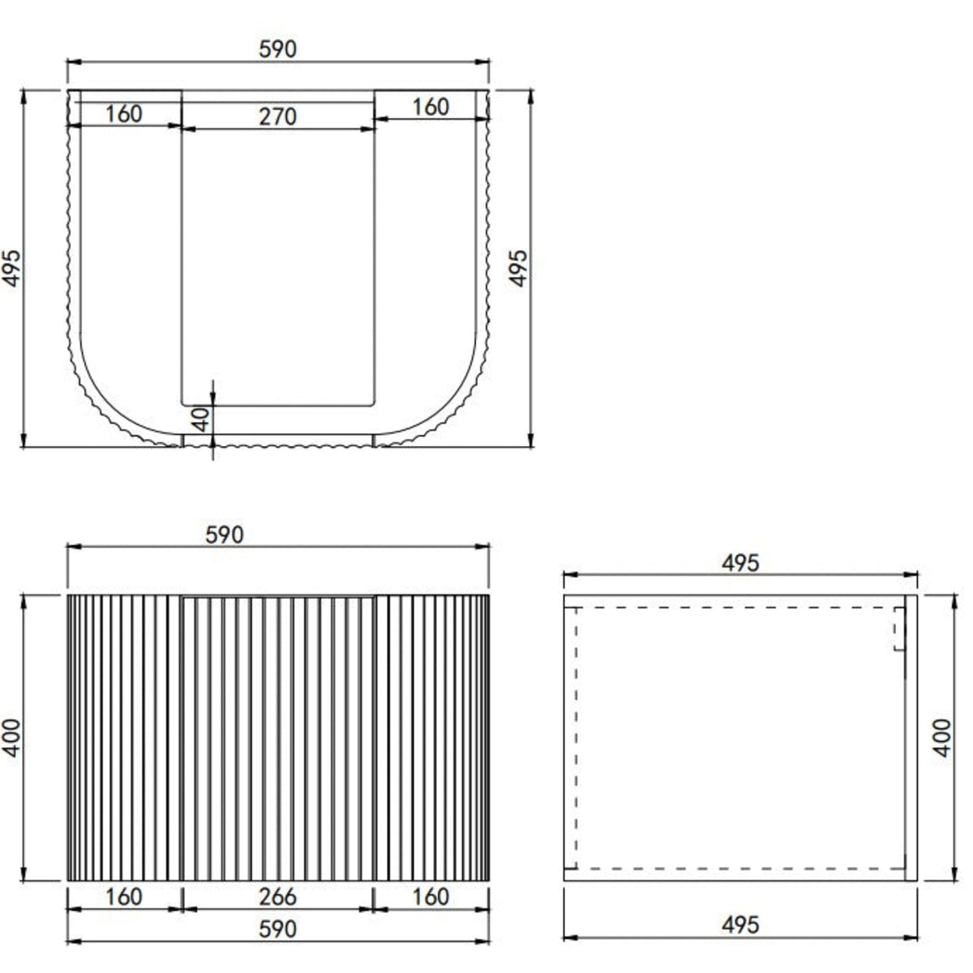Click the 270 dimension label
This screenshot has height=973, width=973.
278,117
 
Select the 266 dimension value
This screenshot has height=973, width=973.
278,898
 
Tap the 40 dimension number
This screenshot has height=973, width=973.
201,419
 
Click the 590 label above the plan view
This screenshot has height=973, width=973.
278,49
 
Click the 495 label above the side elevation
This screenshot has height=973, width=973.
740,563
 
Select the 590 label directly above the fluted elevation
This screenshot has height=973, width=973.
224,535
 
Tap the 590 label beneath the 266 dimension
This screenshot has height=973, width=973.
278,929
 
